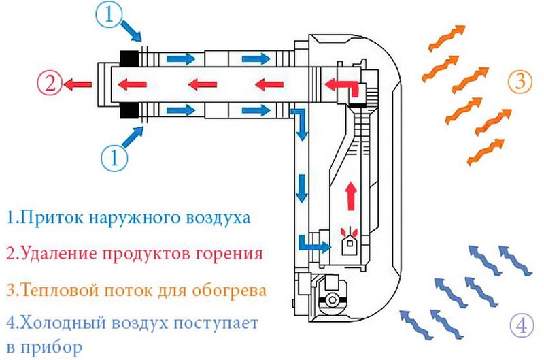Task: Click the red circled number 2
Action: click(49, 84)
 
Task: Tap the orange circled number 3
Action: click(518, 82)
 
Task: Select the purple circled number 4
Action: click(521, 326)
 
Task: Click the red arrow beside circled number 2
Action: click(79, 84)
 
